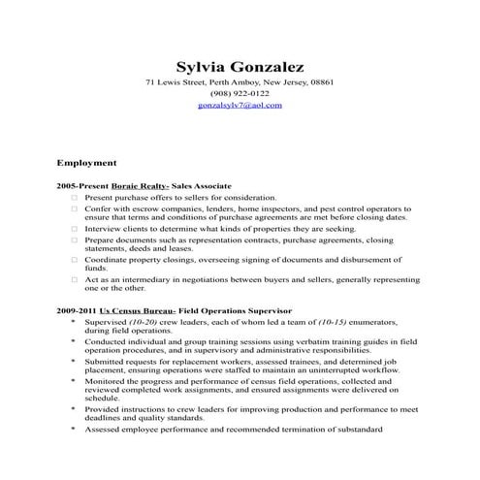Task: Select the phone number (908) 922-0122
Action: point(240,93)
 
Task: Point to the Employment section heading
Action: point(87,163)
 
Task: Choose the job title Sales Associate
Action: point(202,184)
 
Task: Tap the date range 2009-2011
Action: point(76,310)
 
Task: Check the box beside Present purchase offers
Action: point(73,197)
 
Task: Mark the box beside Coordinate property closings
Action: point(73,259)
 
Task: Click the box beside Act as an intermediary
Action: point(73,279)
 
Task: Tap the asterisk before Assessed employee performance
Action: point(73,428)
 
